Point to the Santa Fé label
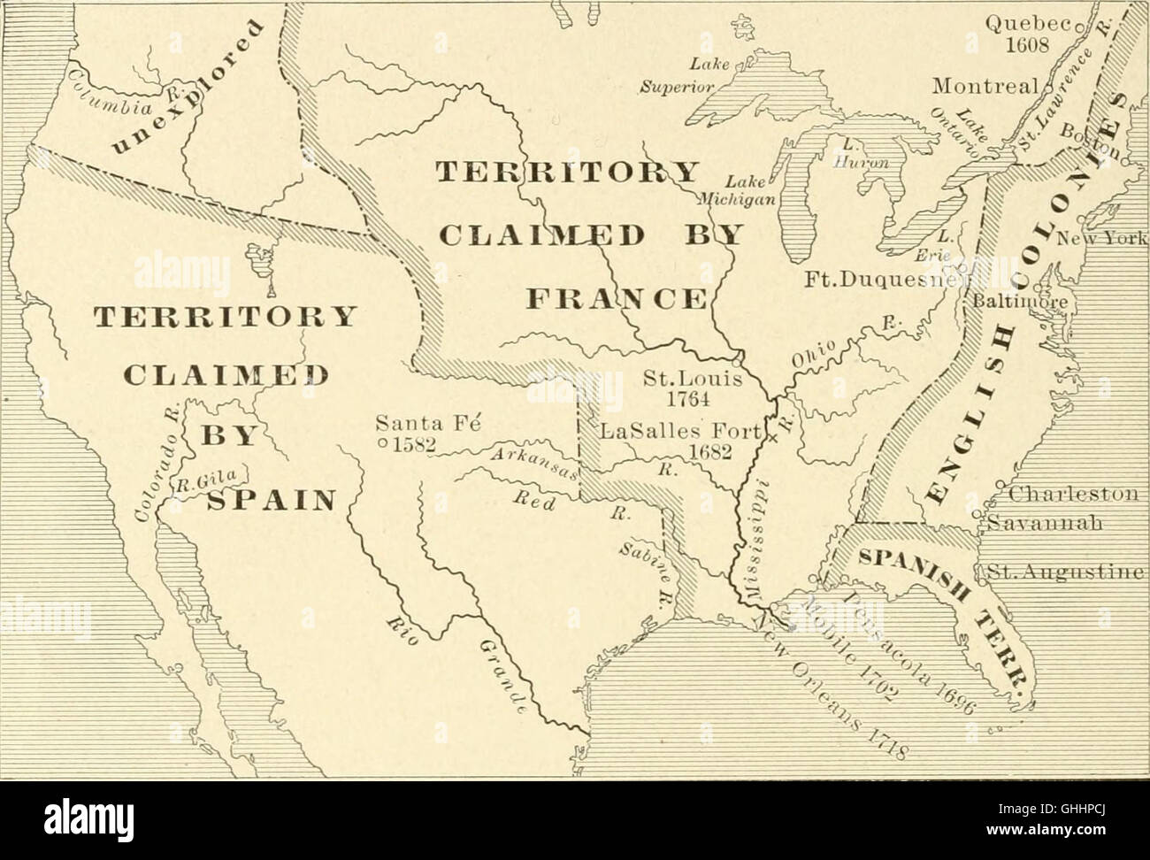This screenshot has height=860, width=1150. tap(427, 423)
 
